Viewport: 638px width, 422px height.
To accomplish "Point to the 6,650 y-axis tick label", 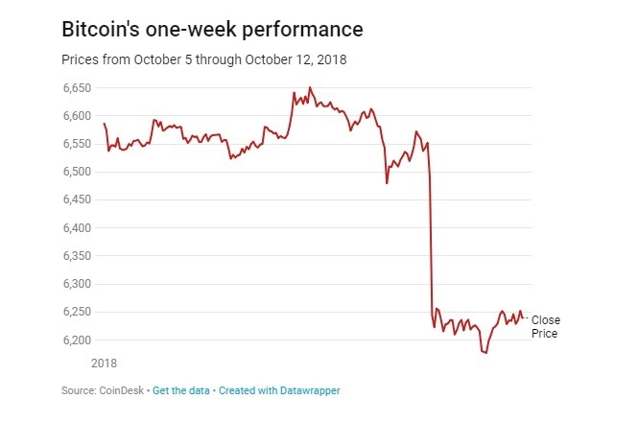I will [76, 88].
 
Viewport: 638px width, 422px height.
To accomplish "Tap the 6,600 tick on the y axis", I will [76, 116].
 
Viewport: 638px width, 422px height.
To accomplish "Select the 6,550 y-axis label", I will [76, 144].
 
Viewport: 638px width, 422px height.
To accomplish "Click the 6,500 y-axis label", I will [76, 172].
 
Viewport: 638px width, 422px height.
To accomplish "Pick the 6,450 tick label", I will [76, 200].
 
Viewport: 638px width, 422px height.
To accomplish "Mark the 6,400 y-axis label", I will [76, 228].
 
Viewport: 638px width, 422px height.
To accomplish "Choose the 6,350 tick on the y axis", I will [76, 256].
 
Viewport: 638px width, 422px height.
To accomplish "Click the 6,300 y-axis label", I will [76, 285].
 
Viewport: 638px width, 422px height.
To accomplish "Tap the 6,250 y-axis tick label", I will [76, 313].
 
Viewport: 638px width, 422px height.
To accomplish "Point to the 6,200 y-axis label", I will [76, 340].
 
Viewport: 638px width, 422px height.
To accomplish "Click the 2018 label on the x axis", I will [104, 363].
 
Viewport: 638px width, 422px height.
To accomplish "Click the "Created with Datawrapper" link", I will [279, 390].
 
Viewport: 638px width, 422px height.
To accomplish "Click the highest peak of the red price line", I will [310, 88].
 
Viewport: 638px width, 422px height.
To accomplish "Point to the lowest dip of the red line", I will [486, 353].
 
